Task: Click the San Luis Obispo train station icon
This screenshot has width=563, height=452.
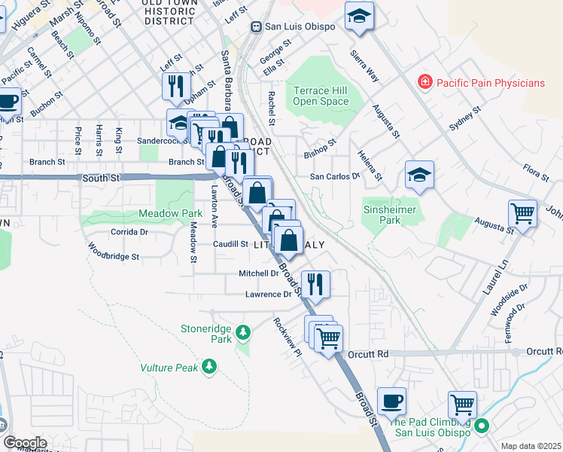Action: [x=257, y=26]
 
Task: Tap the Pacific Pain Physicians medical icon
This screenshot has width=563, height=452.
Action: [x=425, y=82]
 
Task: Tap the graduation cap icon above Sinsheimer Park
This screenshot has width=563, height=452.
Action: [x=419, y=175]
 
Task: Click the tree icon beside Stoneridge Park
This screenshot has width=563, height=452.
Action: [x=242, y=331]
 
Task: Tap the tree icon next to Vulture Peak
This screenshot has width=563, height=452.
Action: [x=208, y=367]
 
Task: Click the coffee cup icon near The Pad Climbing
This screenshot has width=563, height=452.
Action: [x=391, y=401]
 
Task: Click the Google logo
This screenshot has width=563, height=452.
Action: [x=25, y=442]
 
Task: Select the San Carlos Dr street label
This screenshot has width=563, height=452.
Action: [x=336, y=176]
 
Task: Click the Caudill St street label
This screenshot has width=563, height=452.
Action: [x=230, y=244]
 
